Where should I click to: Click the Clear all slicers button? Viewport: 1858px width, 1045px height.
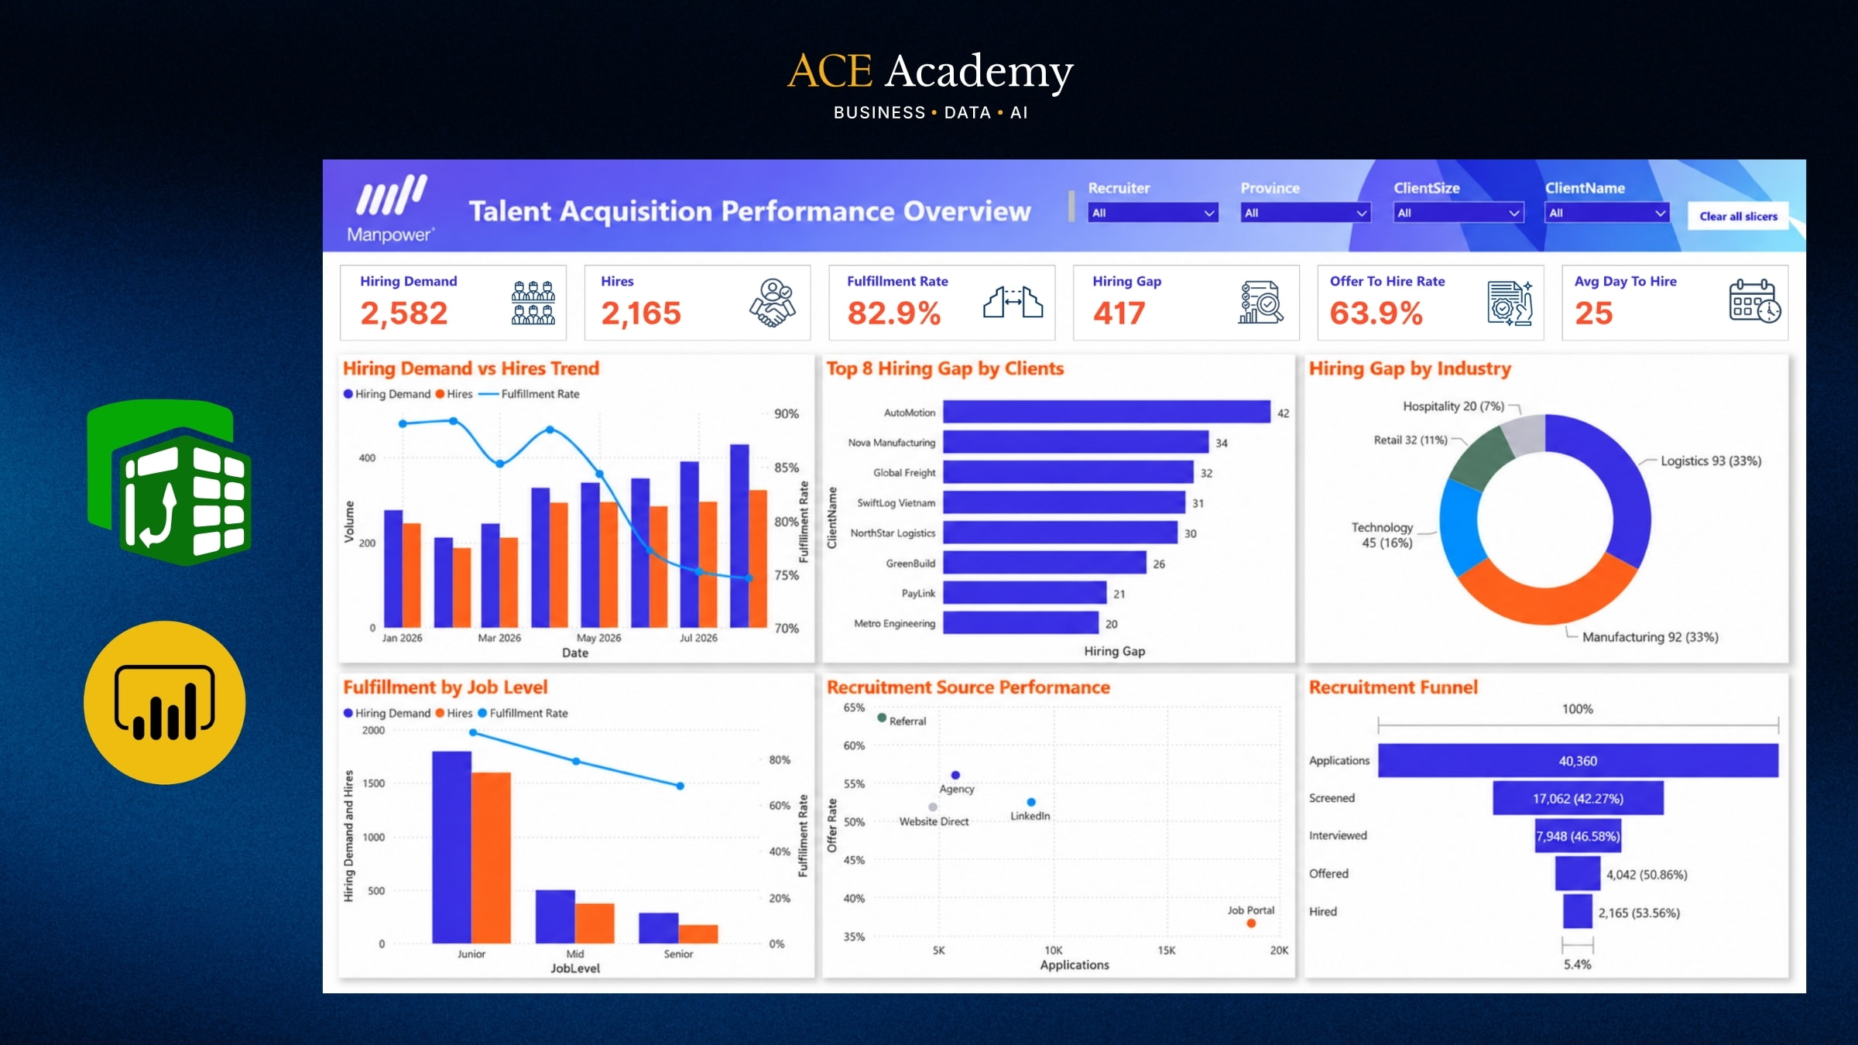point(1738,217)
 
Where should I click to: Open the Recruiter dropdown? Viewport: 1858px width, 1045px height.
point(1153,213)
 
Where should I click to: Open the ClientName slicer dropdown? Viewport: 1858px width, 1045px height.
point(1607,213)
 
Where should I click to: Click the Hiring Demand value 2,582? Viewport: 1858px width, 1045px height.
point(404,313)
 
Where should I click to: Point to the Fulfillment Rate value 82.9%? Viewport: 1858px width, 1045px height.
point(894,313)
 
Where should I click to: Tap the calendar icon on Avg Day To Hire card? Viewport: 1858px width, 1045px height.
point(1755,301)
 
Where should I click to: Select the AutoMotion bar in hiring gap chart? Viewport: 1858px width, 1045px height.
point(1106,412)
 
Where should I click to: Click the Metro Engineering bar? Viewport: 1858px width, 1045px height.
point(1020,623)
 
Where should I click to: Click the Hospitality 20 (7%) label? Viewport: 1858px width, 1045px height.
point(1453,406)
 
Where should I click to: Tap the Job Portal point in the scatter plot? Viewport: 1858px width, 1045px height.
point(1251,923)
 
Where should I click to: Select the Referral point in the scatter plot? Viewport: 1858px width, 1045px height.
point(882,718)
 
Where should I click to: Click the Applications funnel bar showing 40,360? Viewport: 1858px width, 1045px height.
point(1578,761)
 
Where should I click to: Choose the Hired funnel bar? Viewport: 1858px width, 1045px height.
point(1578,911)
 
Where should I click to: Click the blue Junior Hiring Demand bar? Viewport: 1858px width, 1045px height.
point(451,848)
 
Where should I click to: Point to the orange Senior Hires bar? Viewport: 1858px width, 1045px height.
point(698,934)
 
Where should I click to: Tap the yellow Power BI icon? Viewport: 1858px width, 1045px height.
point(165,703)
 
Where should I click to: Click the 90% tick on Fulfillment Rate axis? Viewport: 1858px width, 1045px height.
point(787,414)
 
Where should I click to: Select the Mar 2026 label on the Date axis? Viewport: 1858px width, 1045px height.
point(499,638)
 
